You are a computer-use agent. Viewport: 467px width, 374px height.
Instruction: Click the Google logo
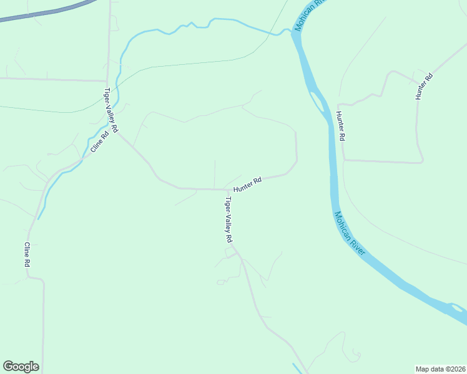tap(21, 367)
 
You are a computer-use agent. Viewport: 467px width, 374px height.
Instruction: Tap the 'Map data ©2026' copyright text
tap(440, 368)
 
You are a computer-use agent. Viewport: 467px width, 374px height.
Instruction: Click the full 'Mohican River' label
tap(350, 233)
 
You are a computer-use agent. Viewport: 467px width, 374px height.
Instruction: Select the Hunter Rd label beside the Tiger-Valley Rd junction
tap(247, 184)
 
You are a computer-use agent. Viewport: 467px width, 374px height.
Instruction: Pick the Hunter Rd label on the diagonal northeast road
tap(425, 87)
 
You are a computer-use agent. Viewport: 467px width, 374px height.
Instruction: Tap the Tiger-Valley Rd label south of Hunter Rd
tap(229, 220)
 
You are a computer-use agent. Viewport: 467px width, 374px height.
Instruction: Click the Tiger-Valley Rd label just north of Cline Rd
tap(111, 110)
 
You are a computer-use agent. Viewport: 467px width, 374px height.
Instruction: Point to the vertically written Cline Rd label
tap(27, 255)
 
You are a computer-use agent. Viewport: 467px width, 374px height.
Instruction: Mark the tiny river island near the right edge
tap(456, 307)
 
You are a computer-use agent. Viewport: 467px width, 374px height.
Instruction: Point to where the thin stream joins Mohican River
tap(288, 30)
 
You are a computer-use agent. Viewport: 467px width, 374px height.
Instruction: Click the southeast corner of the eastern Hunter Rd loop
tap(422, 161)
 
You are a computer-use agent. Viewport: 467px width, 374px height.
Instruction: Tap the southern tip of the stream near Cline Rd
tap(39, 218)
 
